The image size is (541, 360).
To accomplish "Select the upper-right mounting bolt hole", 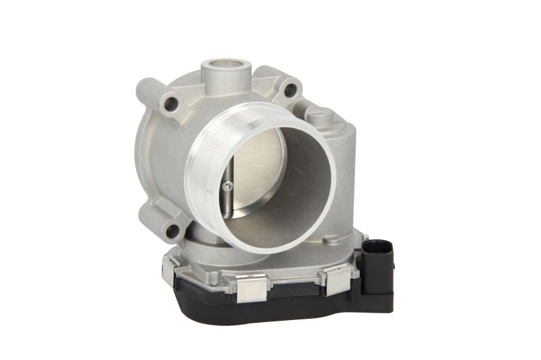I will (x=289, y=89).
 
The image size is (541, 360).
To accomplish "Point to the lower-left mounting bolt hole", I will (x=172, y=230).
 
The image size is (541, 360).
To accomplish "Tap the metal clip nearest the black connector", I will (x=335, y=277).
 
